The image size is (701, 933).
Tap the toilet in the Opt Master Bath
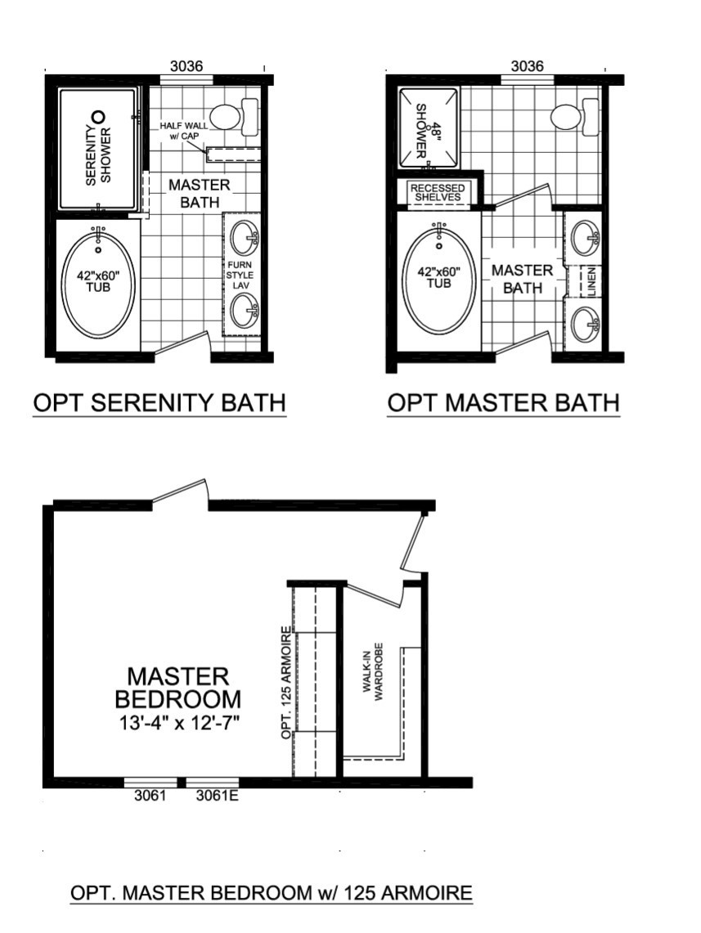point(575,117)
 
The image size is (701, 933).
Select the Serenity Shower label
point(98,155)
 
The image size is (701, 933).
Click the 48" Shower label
point(421,131)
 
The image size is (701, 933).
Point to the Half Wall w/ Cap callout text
point(184,131)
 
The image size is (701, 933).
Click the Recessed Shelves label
point(438,192)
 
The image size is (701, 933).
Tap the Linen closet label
point(591,281)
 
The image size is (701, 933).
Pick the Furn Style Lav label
point(239,275)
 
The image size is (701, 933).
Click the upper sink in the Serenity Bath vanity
point(245,237)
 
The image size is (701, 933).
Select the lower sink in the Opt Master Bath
point(585,325)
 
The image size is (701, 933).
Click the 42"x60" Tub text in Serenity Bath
point(98,280)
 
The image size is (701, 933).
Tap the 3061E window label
point(218,795)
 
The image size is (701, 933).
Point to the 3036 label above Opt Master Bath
point(528,65)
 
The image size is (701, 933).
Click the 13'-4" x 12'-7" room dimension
point(179,724)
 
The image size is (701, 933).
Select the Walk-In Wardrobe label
point(375,672)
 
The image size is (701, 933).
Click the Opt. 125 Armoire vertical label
point(286,683)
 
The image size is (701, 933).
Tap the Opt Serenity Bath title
point(160,403)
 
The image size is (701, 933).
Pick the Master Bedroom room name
point(178,687)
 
